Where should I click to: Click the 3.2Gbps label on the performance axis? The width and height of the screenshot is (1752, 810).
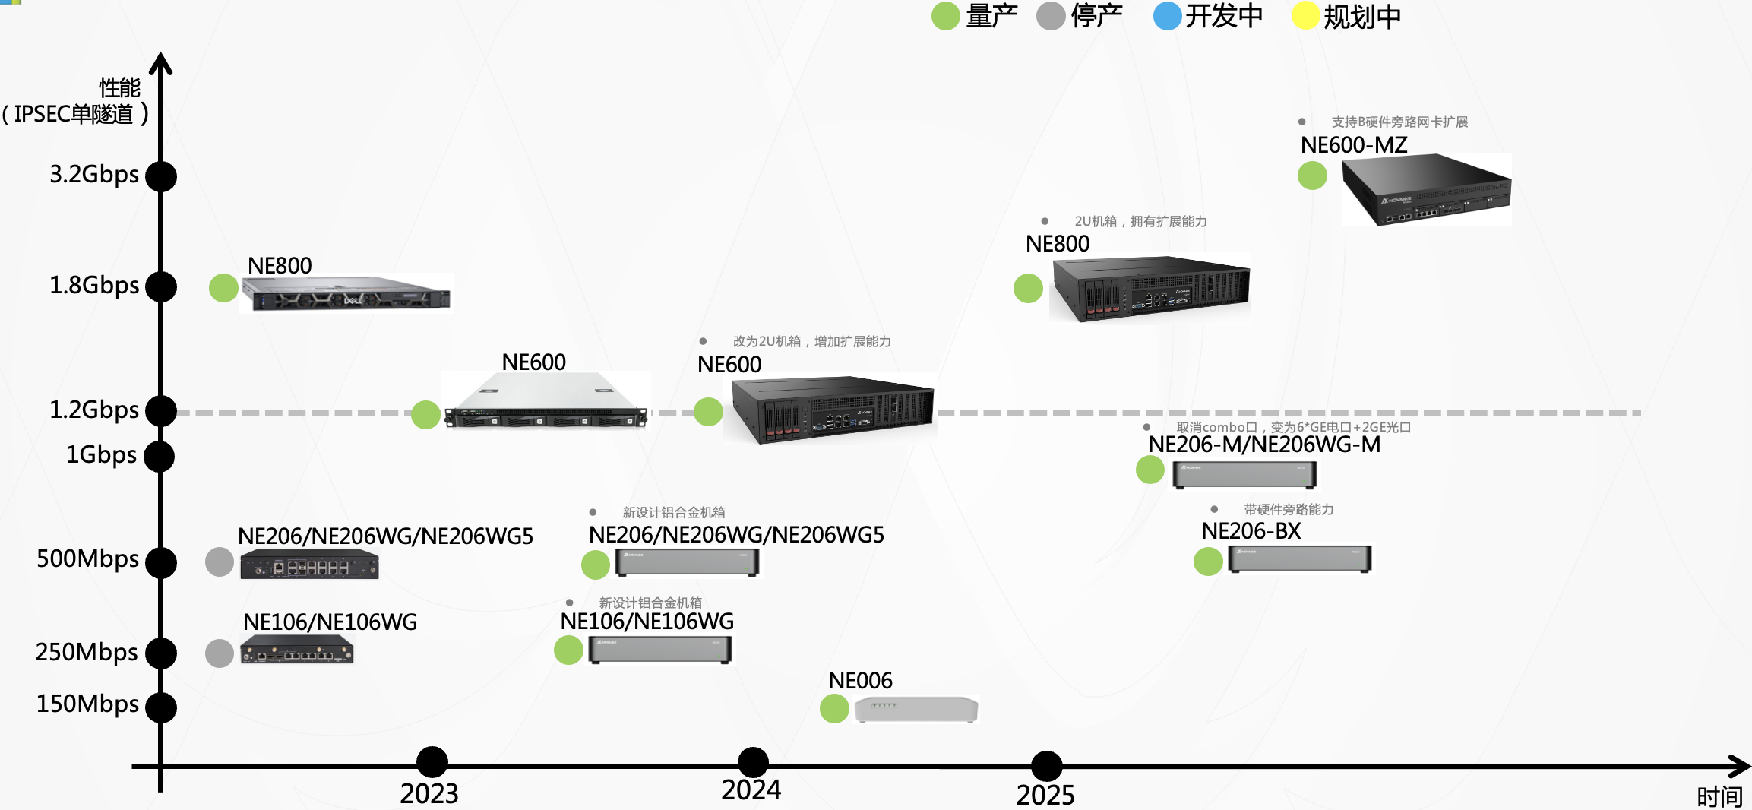click(94, 174)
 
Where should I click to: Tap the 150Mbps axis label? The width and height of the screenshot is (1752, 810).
click(87, 704)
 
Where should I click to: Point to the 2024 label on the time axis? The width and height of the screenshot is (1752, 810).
click(751, 790)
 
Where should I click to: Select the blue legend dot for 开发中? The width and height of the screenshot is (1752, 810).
click(1167, 16)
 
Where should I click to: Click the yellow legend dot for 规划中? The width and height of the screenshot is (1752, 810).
click(1305, 16)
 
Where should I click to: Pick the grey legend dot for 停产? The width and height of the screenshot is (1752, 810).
click(1051, 16)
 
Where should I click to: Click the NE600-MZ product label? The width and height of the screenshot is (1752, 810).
click(1353, 144)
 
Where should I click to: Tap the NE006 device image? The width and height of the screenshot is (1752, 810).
click(916, 709)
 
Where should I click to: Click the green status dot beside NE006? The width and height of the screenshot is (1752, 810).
click(834, 708)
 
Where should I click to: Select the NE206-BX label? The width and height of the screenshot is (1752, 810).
click(1251, 531)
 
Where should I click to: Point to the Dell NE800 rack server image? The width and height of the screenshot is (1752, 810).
click(346, 293)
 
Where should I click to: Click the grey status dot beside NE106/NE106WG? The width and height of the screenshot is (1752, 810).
click(220, 653)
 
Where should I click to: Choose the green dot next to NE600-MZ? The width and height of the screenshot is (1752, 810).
click(1312, 176)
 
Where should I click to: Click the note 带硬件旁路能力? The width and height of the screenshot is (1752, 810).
click(1289, 509)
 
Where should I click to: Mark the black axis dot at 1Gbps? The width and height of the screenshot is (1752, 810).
click(160, 457)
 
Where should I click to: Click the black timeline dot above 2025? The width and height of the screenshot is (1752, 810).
click(1046, 766)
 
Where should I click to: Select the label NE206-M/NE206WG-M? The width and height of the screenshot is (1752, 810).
click(1263, 445)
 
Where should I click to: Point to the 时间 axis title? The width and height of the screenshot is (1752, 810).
click(1719, 796)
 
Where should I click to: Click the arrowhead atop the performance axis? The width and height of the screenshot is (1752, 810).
click(160, 63)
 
